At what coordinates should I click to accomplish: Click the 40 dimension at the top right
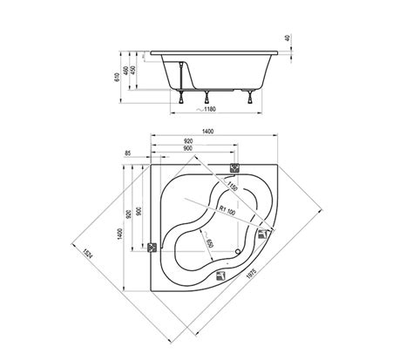pyautogui.click(x=288, y=37)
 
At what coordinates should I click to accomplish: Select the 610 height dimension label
pyautogui.click(x=117, y=77)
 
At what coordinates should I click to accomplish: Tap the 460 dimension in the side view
pyautogui.click(x=125, y=71)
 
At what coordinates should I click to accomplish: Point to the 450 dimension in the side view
pyautogui.click(x=132, y=71)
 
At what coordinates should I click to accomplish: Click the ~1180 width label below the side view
pyautogui.click(x=206, y=109)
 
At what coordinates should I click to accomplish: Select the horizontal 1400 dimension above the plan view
pyautogui.click(x=207, y=132)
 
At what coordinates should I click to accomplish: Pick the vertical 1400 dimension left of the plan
pyautogui.click(x=119, y=234)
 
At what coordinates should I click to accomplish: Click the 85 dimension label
pyautogui.click(x=127, y=153)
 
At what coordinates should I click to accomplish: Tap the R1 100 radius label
pyautogui.click(x=227, y=210)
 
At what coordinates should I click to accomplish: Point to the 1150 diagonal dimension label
pyautogui.click(x=232, y=186)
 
